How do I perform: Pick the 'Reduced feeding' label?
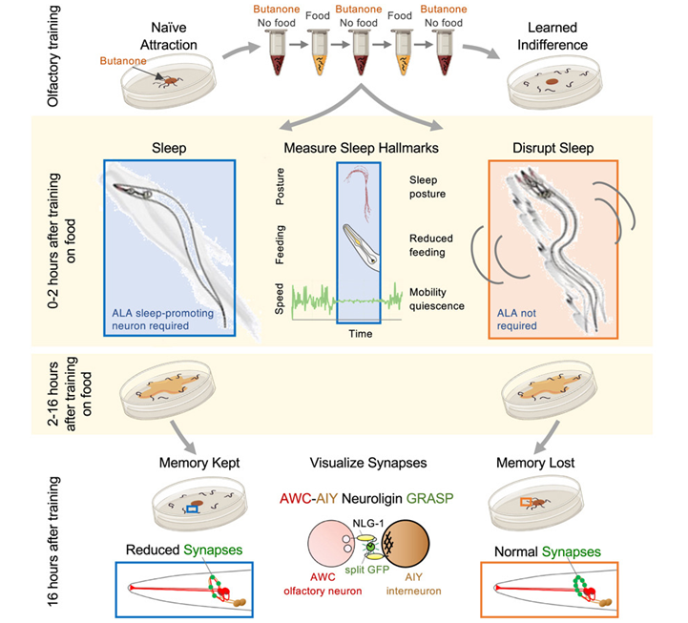click(x=434, y=244)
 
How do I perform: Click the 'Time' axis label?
click(x=361, y=334)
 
